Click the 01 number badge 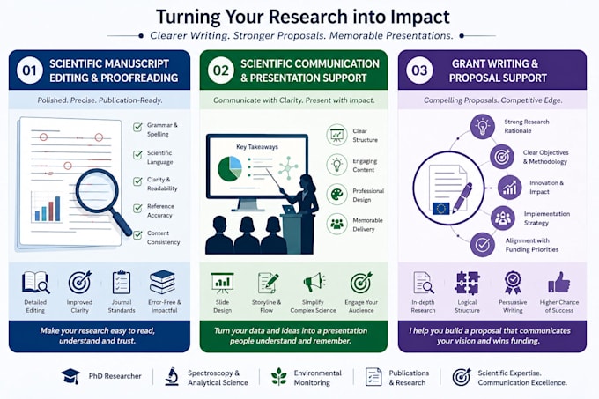pos(29,70)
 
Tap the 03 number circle pos(419,70)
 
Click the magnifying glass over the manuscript pos(101,199)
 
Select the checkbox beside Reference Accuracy pos(137,209)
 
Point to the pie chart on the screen pos(230,168)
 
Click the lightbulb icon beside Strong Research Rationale pos(483,126)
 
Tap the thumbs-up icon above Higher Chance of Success pos(558,283)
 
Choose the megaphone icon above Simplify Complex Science pos(314,283)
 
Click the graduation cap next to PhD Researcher pos(70,376)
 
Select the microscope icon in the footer pos(172,376)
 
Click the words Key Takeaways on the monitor pos(257,147)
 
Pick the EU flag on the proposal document pos(440,208)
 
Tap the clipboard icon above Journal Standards pos(122,283)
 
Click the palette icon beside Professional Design pos(336,195)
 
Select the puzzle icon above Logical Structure pos(467,283)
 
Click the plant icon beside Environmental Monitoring pos(279,376)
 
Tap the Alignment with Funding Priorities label pos(532,245)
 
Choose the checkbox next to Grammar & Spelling pos(137,127)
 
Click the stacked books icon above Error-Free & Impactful pos(163,282)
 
